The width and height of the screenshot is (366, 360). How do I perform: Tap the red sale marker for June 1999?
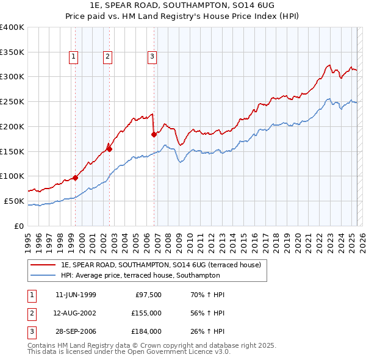coord(76,178)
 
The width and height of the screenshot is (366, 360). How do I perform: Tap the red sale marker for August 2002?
coord(110,148)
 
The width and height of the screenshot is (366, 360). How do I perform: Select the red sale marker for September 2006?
coord(154,134)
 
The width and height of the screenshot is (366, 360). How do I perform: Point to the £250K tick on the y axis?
coord(12,101)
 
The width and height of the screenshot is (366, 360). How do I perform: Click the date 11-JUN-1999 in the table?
coord(76,295)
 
